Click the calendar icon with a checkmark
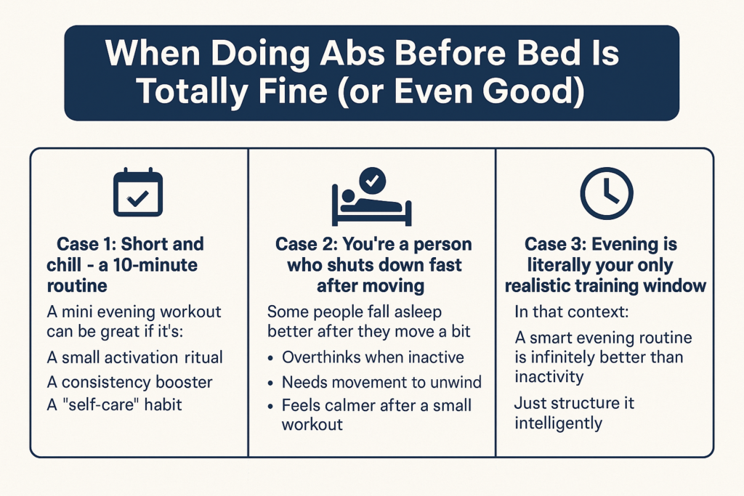point(138,193)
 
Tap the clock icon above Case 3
point(607,193)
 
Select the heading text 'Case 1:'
point(88,244)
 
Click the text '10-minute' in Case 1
point(163,264)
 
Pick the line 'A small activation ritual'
point(134,357)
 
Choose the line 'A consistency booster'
point(129,381)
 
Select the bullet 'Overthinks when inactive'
point(373,357)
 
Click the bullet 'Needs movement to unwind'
point(381,381)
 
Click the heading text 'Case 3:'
point(556,244)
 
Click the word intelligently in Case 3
point(559,422)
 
